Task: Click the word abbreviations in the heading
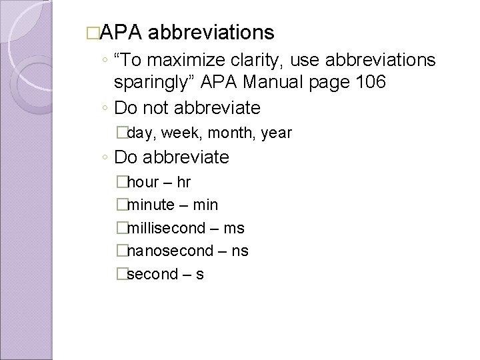[211, 32]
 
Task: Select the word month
[229, 133]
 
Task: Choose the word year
[277, 133]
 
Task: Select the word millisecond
[166, 228]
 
